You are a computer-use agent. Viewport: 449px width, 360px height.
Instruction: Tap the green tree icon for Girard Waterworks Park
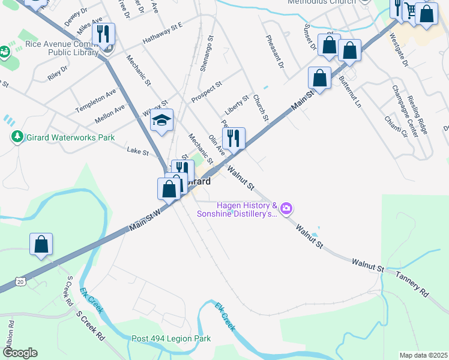click(17, 137)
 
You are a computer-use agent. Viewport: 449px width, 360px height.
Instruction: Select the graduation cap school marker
click(161, 121)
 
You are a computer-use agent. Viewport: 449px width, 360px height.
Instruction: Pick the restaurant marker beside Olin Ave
click(234, 139)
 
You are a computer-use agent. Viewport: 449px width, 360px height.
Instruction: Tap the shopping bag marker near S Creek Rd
click(41, 245)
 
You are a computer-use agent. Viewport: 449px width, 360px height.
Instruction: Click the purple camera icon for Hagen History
click(286, 208)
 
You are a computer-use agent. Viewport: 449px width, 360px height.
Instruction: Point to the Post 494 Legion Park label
click(171, 339)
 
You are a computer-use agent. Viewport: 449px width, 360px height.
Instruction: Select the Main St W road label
click(145, 221)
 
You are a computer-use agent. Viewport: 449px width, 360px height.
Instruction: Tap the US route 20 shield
click(21, 281)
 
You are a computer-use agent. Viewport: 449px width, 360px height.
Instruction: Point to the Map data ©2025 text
click(423, 355)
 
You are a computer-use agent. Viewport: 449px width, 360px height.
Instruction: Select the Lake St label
click(137, 152)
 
